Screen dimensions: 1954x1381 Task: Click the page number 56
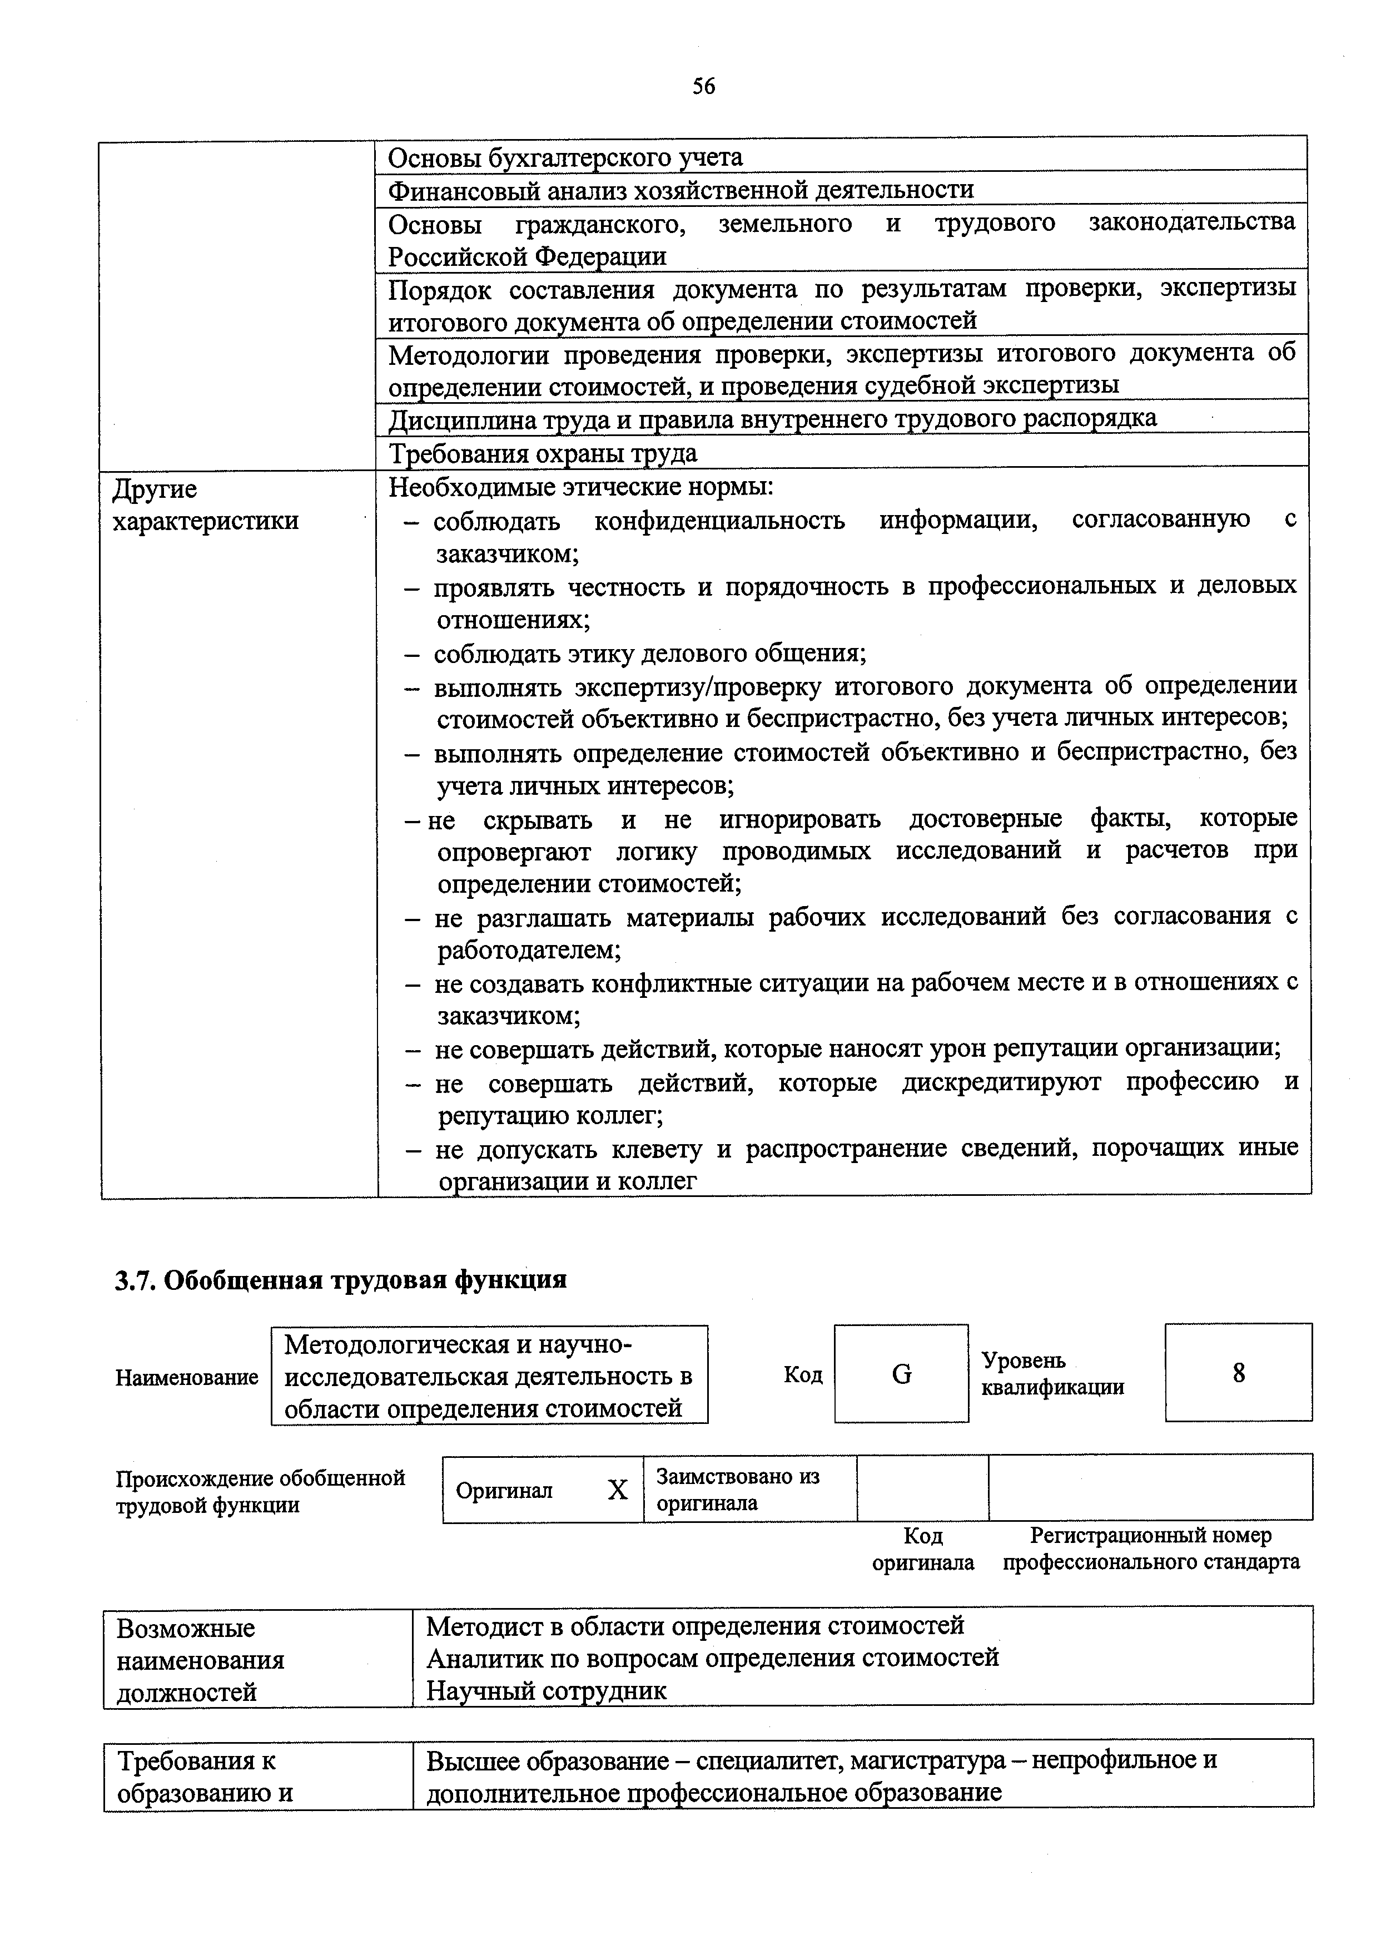(703, 86)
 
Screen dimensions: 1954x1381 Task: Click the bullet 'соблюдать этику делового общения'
(649, 654)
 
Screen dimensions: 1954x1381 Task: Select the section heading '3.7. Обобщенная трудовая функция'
(340, 1279)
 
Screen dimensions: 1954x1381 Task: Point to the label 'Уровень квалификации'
(1052, 1374)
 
